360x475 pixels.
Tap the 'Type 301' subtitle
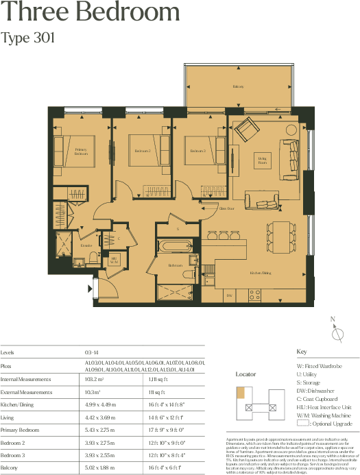[x=27, y=38]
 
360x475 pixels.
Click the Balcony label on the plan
[x=238, y=87]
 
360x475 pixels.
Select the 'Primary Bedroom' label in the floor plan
[x=81, y=152]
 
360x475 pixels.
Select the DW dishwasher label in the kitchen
[x=229, y=295]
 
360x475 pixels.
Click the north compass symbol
[x=336, y=333]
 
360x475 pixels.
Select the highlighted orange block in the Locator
[x=241, y=393]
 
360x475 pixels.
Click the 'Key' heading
[x=301, y=352]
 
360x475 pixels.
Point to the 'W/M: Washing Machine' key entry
[x=323, y=415]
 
